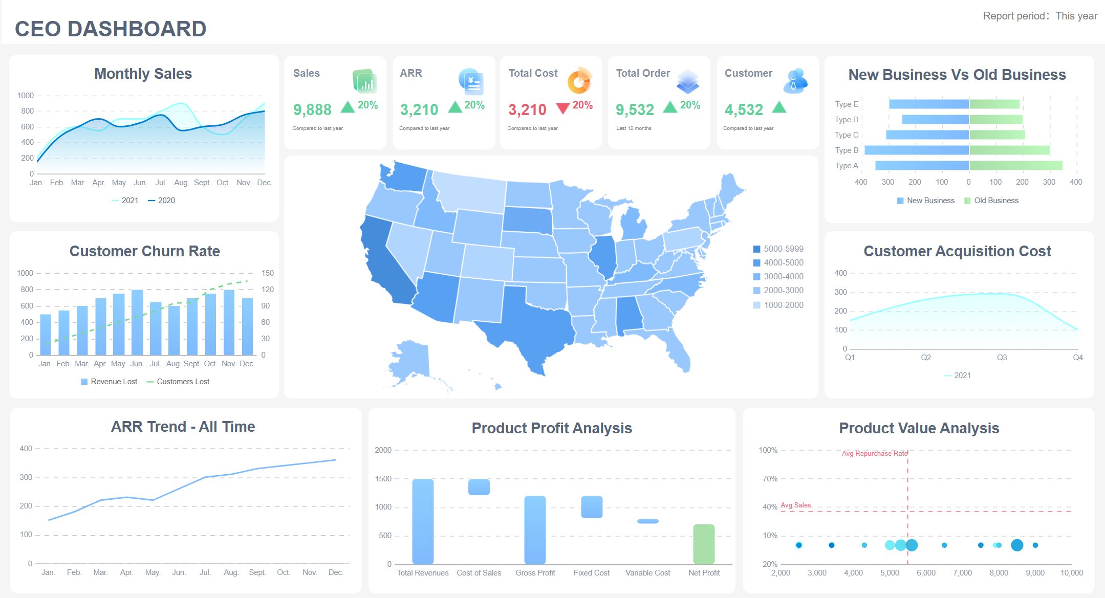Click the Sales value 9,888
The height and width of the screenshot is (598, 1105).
312,109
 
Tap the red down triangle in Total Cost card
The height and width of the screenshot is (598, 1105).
562,108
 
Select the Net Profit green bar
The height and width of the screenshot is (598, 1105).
703,544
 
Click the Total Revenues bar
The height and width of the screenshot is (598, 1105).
423,521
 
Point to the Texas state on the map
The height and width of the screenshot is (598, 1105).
532,322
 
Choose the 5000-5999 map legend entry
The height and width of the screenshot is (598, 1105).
778,249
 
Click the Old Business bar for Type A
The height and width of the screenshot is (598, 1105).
1015,166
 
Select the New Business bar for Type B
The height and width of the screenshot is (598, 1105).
916,150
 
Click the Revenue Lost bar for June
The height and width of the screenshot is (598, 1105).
137,322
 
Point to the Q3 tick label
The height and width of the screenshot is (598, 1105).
1002,358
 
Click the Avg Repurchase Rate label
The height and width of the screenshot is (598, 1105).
874,454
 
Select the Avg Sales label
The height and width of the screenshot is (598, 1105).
795,505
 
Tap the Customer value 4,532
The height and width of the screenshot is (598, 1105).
744,109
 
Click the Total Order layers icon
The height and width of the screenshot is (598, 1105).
687,81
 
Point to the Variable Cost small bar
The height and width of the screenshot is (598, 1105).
647,521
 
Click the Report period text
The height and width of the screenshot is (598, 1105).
1039,16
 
